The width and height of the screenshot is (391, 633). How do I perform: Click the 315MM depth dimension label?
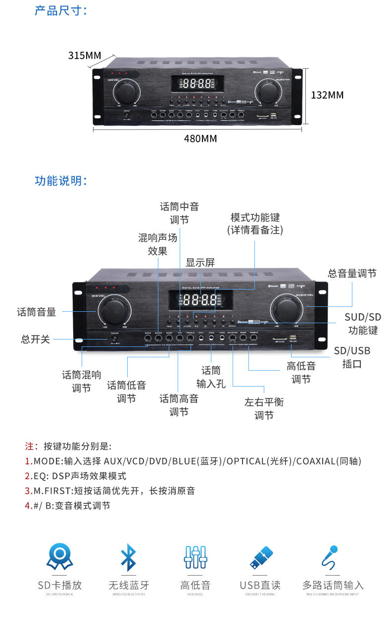point(84,55)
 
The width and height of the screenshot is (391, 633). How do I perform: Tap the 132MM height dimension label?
point(327,95)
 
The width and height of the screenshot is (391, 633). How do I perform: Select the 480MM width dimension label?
point(200,139)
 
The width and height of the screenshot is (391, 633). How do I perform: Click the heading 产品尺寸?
point(60,10)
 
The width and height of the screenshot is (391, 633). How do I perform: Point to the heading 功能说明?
point(60,181)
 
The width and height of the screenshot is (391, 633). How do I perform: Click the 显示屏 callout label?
point(200,262)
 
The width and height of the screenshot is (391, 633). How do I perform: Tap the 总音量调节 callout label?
point(352,273)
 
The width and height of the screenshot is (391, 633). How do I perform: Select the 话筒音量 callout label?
point(37,312)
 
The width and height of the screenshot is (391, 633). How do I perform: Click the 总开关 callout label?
point(36,340)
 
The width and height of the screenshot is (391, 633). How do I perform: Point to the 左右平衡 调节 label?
point(264,408)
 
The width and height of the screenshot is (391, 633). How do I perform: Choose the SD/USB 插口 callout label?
point(352,357)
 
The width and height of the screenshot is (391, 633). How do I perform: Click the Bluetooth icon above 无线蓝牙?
point(128,557)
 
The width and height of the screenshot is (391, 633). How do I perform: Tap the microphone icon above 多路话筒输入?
point(330,557)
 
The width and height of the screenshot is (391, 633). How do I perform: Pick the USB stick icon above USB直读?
point(261,557)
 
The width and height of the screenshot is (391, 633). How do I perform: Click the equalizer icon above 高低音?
point(195,557)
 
